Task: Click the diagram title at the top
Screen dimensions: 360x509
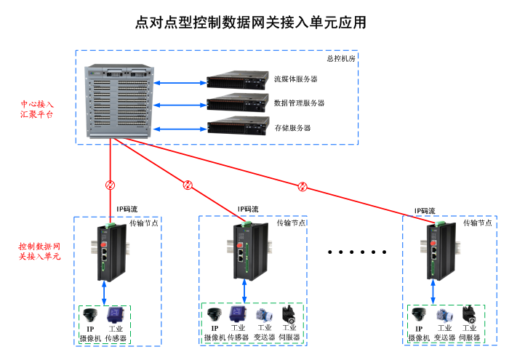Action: tap(251, 23)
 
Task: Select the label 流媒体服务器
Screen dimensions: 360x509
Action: tap(296, 79)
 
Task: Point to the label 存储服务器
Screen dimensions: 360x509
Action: tap(292, 128)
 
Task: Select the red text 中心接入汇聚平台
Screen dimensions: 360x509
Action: tap(37, 109)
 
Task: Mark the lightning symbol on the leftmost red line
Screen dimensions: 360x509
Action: tap(111, 184)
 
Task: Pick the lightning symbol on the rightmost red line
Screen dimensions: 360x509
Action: tap(303, 187)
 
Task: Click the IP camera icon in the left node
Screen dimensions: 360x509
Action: tap(91, 316)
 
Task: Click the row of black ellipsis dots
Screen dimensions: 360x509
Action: tap(356, 252)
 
